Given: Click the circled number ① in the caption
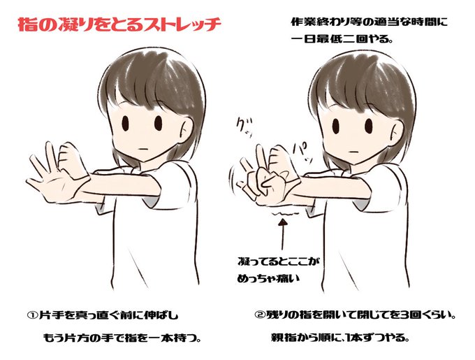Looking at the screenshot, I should tap(31, 315).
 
